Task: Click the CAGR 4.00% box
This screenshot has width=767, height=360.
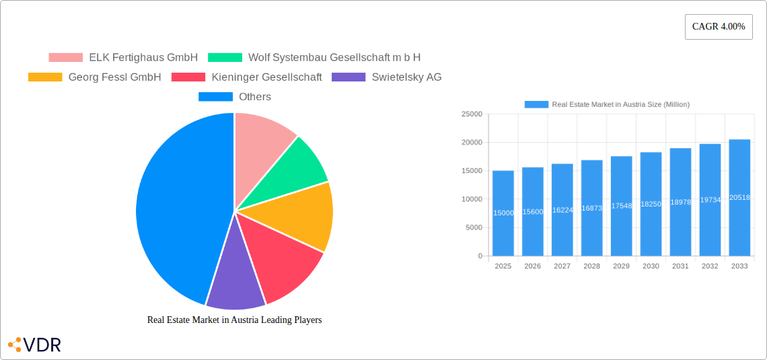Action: (x=719, y=27)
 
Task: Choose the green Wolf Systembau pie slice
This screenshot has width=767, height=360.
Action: (x=299, y=165)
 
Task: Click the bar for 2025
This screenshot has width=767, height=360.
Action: (x=503, y=213)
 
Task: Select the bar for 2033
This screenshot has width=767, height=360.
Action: (x=739, y=198)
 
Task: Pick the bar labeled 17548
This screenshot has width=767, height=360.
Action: (x=621, y=206)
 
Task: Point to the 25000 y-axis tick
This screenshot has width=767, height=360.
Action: (x=471, y=114)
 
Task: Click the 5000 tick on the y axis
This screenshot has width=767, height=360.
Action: (x=473, y=227)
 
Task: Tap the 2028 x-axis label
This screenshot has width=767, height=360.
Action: (x=591, y=266)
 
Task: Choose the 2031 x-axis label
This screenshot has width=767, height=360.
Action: (x=680, y=266)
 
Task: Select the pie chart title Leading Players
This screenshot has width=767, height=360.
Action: (x=234, y=320)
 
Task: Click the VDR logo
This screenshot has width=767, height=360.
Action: (x=34, y=345)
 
